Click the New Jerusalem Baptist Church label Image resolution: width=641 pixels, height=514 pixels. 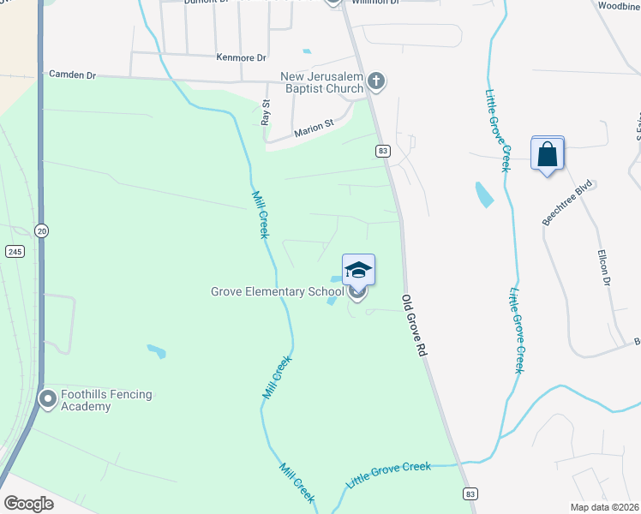322,82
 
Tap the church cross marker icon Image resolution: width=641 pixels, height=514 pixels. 375,82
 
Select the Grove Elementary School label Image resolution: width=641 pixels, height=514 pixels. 278,292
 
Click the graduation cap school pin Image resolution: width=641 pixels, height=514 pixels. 358,271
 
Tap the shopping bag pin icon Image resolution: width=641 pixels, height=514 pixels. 548,155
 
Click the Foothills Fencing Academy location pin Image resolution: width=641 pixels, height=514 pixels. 48,398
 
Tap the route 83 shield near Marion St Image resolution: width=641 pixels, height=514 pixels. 382,151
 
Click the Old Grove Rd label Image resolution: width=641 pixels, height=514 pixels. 413,326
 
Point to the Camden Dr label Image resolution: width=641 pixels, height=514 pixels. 72,75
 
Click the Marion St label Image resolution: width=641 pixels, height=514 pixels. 313,129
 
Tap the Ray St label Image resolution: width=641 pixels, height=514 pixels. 266,113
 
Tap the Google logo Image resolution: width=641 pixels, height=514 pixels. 27,504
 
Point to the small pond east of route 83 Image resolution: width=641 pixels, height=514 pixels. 484,195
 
